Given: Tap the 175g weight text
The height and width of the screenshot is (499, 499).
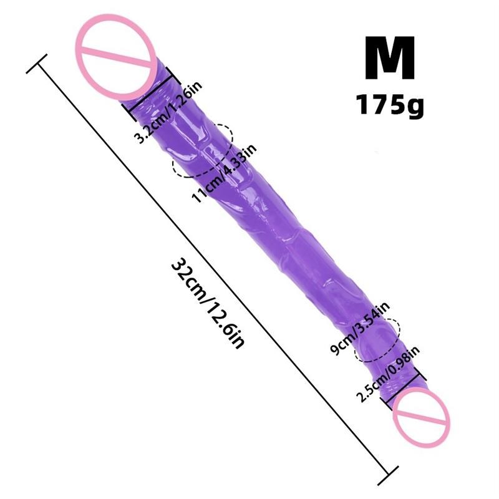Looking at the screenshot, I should [x=390, y=104].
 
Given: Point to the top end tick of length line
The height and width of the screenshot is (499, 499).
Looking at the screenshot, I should [x=39, y=61].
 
